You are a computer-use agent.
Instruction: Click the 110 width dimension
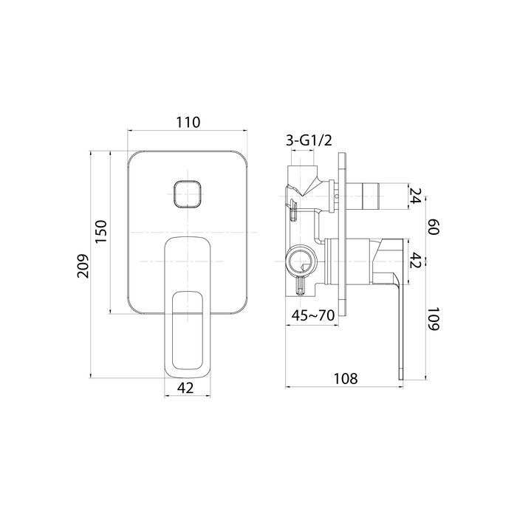tap(188, 123)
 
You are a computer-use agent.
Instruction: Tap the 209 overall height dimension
tap(83, 266)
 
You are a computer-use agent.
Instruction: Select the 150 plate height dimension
tap(102, 231)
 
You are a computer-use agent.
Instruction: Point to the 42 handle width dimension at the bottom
tap(185, 388)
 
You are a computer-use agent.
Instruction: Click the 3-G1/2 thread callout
tap(309, 140)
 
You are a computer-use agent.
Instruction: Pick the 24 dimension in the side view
tap(415, 196)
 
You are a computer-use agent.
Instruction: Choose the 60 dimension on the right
tap(433, 227)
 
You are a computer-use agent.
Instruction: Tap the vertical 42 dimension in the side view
tap(415, 261)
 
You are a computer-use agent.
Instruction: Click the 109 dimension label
tap(433, 319)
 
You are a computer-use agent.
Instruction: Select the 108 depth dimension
tap(346, 378)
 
